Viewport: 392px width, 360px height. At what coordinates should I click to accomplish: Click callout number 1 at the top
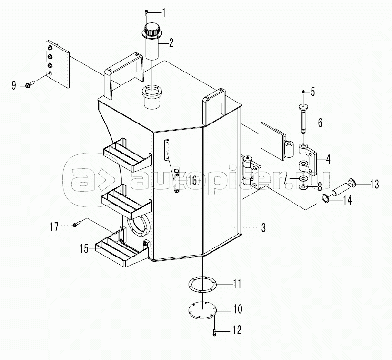click(x=164, y=11)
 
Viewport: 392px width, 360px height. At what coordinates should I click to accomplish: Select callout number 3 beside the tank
click(x=263, y=228)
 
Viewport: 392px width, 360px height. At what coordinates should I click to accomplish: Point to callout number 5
click(x=313, y=91)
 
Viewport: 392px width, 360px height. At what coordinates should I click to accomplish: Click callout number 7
click(x=285, y=179)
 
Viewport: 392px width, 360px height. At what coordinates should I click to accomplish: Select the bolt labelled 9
click(x=28, y=86)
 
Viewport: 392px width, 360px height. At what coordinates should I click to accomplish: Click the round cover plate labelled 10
click(x=202, y=310)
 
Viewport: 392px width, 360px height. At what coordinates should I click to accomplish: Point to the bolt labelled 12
click(x=215, y=330)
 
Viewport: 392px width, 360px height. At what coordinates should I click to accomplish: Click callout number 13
click(x=374, y=184)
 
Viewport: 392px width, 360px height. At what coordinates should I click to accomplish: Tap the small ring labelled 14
click(x=325, y=198)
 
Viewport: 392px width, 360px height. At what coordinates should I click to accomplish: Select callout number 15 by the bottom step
click(x=84, y=248)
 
